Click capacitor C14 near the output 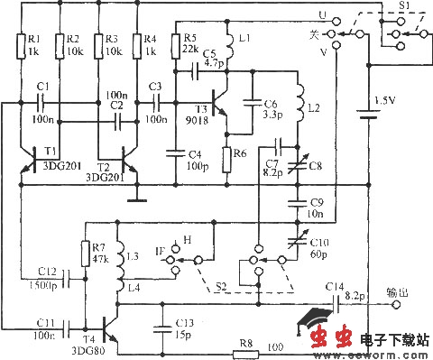pyautogui.click(x=336, y=305)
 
